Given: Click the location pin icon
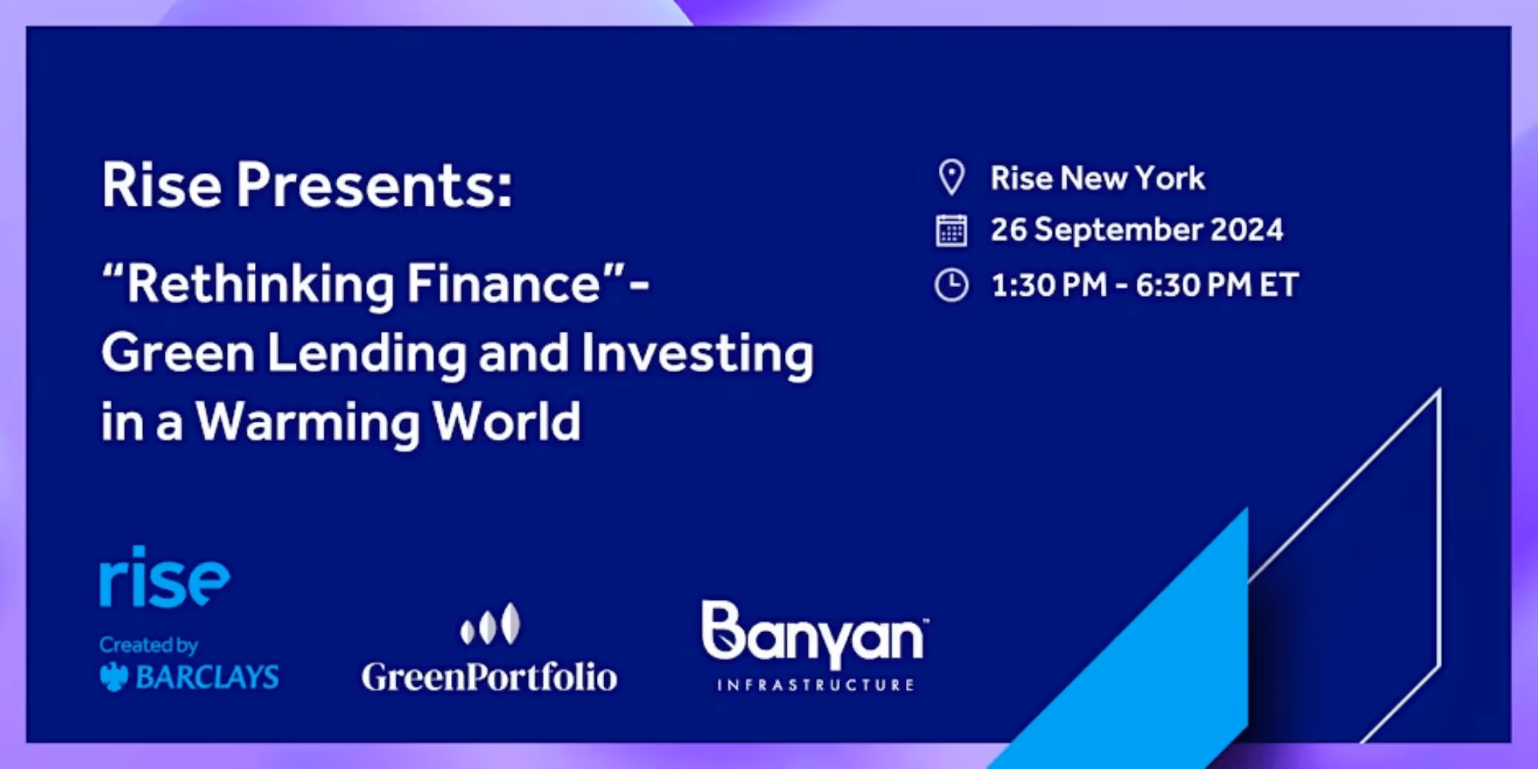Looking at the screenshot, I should point(951,177).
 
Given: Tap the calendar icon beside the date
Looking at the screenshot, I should point(951,231).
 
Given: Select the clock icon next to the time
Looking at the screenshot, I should point(951,285).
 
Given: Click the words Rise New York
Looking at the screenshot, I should point(1097,178).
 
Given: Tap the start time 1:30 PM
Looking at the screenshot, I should point(1049,285).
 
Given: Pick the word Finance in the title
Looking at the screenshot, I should point(504,283).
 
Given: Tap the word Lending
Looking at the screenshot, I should point(366,354).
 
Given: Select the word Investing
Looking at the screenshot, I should point(697,354).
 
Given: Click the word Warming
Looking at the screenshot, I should point(306,423).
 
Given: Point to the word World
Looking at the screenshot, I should point(506,422).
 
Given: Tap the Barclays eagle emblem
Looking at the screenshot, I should point(114,677).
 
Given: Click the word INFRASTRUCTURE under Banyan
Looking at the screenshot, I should point(815,686).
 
